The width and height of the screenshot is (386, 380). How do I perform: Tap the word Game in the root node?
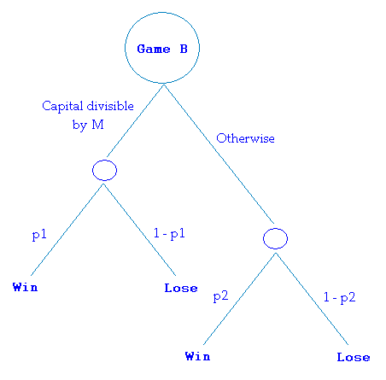(154, 49)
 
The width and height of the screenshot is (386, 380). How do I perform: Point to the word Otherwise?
(245, 138)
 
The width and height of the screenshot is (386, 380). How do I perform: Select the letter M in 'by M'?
(97, 125)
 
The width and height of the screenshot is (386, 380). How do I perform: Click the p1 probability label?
(39, 235)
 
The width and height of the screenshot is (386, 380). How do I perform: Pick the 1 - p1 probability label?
(169, 234)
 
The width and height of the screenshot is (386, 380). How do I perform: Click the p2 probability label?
(220, 296)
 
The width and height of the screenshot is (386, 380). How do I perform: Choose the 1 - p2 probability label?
(340, 297)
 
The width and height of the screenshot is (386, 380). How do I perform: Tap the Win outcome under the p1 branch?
(25, 287)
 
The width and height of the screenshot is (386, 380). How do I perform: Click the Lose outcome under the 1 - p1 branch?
(181, 288)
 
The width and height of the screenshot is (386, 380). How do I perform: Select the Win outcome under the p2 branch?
(197, 356)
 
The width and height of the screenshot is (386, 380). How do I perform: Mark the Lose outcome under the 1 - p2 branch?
(354, 357)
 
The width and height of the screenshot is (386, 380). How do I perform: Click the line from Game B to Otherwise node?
(219, 154)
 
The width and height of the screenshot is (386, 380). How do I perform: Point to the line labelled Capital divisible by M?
(135, 120)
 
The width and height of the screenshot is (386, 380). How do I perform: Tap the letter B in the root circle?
(184, 49)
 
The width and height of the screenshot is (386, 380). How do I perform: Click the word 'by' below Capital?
(79, 125)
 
